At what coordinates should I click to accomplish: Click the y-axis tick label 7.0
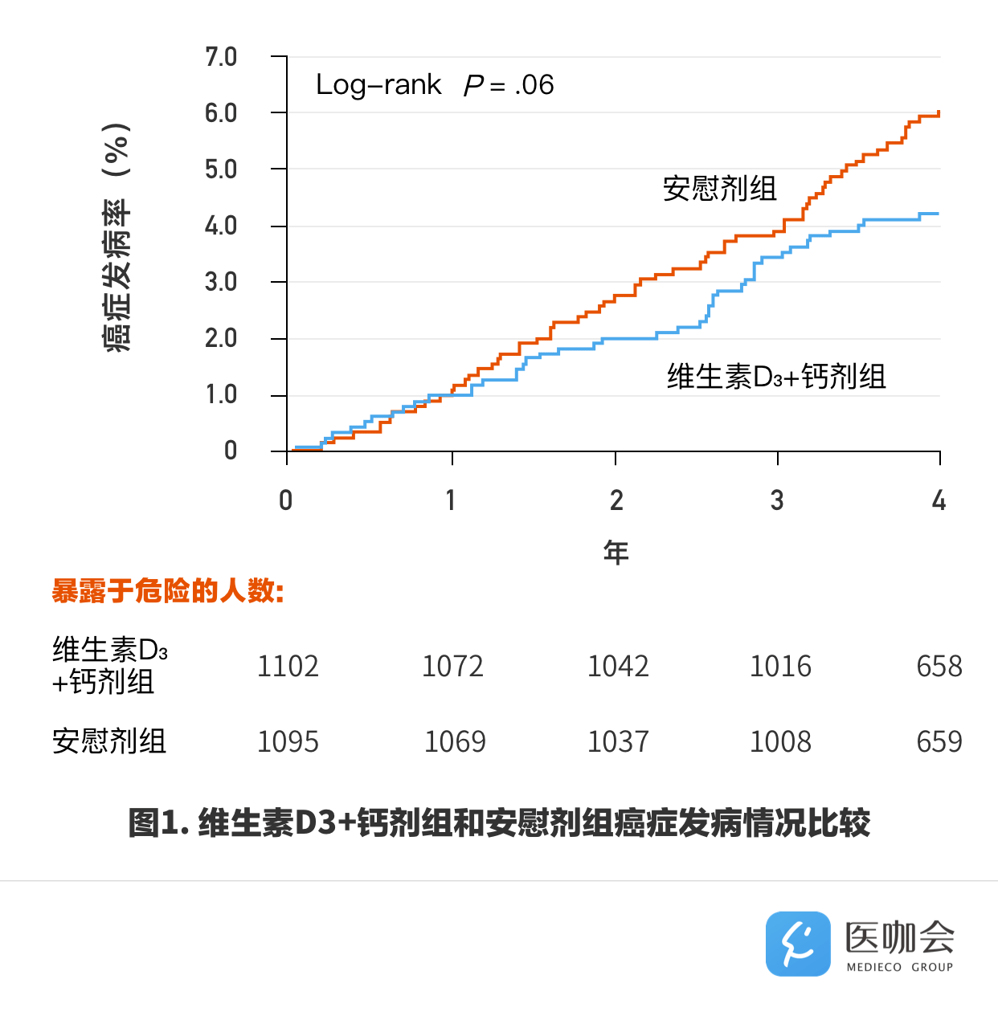pyautogui.click(x=221, y=57)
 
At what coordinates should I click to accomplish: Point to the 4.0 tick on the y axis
pyautogui.click(x=221, y=226)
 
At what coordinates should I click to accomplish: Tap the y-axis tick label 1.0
pyautogui.click(x=221, y=394)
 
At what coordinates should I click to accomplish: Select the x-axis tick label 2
pyautogui.click(x=616, y=500)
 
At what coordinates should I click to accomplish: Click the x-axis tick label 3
pyautogui.click(x=777, y=500)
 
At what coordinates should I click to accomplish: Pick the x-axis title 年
pyautogui.click(x=616, y=553)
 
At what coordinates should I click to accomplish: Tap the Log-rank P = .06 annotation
pyautogui.click(x=435, y=85)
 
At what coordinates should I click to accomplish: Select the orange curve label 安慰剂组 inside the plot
pyautogui.click(x=719, y=189)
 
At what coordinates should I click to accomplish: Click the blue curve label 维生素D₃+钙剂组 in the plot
pyautogui.click(x=776, y=376)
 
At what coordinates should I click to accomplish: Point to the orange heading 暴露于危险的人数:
pyautogui.click(x=168, y=591)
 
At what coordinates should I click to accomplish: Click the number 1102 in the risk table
pyautogui.click(x=288, y=667)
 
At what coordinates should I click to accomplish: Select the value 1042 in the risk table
pyautogui.click(x=618, y=667)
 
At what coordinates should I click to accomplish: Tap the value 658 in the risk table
pyautogui.click(x=939, y=667)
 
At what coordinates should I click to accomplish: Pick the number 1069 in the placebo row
pyautogui.click(x=455, y=741)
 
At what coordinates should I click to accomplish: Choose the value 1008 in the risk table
pyautogui.click(x=780, y=741)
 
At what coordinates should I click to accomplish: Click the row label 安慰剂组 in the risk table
pyautogui.click(x=109, y=741)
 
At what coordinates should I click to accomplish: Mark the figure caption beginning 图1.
pyautogui.click(x=499, y=823)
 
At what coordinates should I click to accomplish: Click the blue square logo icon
pyautogui.click(x=798, y=944)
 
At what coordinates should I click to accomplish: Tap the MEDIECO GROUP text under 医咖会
pyautogui.click(x=900, y=967)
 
